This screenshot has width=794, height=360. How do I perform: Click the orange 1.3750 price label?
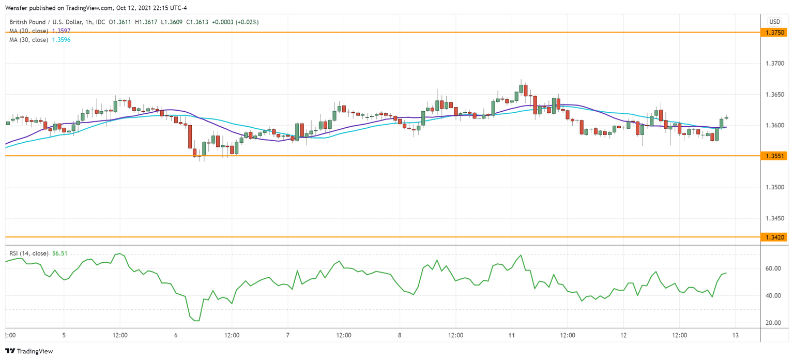(773, 33)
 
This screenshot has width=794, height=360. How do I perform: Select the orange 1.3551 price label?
(773, 156)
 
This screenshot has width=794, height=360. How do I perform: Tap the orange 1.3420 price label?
(773, 237)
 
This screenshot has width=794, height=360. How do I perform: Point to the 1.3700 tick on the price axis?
(773, 64)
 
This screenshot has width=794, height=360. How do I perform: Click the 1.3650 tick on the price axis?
(773, 95)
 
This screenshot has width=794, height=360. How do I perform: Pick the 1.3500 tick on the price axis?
(773, 187)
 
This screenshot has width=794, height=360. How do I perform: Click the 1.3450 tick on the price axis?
(773, 218)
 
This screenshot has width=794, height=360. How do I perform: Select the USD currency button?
(774, 22)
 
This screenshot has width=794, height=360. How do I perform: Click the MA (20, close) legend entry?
(29, 31)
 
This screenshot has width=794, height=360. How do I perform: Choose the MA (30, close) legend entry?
(29, 40)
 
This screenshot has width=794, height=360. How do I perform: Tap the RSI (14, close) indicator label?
(29, 253)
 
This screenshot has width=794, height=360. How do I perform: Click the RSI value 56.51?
(60, 253)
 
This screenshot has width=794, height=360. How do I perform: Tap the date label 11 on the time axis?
(511, 335)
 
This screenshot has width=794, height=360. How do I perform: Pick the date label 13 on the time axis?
(736, 335)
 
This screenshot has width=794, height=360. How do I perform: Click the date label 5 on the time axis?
(64, 335)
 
